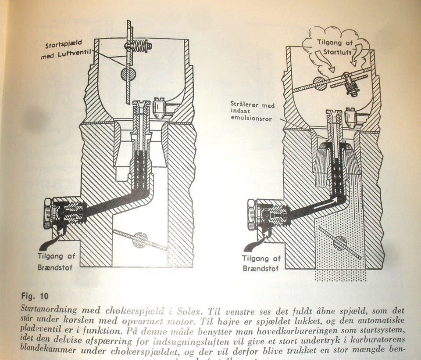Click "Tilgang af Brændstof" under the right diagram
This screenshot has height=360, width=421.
click(262, 263)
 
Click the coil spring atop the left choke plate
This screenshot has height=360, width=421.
click(139, 45)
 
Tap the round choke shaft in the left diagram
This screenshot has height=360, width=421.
click(128, 74)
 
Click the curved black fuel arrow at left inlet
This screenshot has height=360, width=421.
click(49, 240)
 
